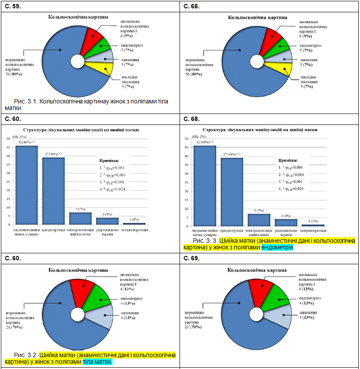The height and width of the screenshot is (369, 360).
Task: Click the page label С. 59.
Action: (13, 6)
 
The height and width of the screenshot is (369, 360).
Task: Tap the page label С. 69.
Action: (191, 259)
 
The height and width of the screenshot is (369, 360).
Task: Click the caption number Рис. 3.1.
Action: (26, 101)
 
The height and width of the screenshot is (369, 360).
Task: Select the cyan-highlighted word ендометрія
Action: (277, 248)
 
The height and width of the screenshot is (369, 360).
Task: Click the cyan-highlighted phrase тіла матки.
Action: (98, 362)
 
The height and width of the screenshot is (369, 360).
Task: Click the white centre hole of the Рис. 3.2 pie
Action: (78, 314)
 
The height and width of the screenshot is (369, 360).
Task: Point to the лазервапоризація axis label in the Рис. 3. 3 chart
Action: (314, 230)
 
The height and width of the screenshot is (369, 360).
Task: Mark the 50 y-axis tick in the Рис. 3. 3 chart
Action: (187, 138)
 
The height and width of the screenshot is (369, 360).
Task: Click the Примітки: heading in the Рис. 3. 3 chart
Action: (289, 160)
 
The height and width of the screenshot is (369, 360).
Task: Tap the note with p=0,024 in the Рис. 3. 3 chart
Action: (291, 189)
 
